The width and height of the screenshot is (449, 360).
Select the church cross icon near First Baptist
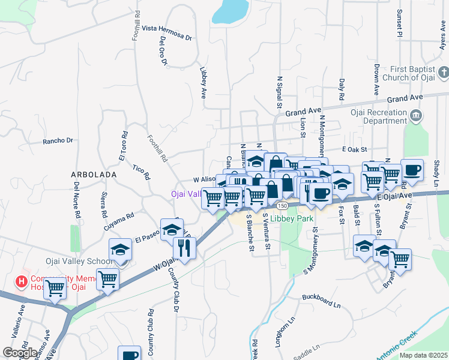coord(443,73)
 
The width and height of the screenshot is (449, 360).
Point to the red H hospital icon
coord(22,280)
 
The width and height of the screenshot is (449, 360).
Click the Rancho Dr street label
coord(57,141)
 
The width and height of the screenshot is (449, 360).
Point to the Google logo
coord(20,353)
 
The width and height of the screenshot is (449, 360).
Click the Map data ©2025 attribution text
coord(423,355)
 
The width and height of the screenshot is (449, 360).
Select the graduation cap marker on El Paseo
coord(172,229)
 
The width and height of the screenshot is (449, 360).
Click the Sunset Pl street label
coord(399,23)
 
